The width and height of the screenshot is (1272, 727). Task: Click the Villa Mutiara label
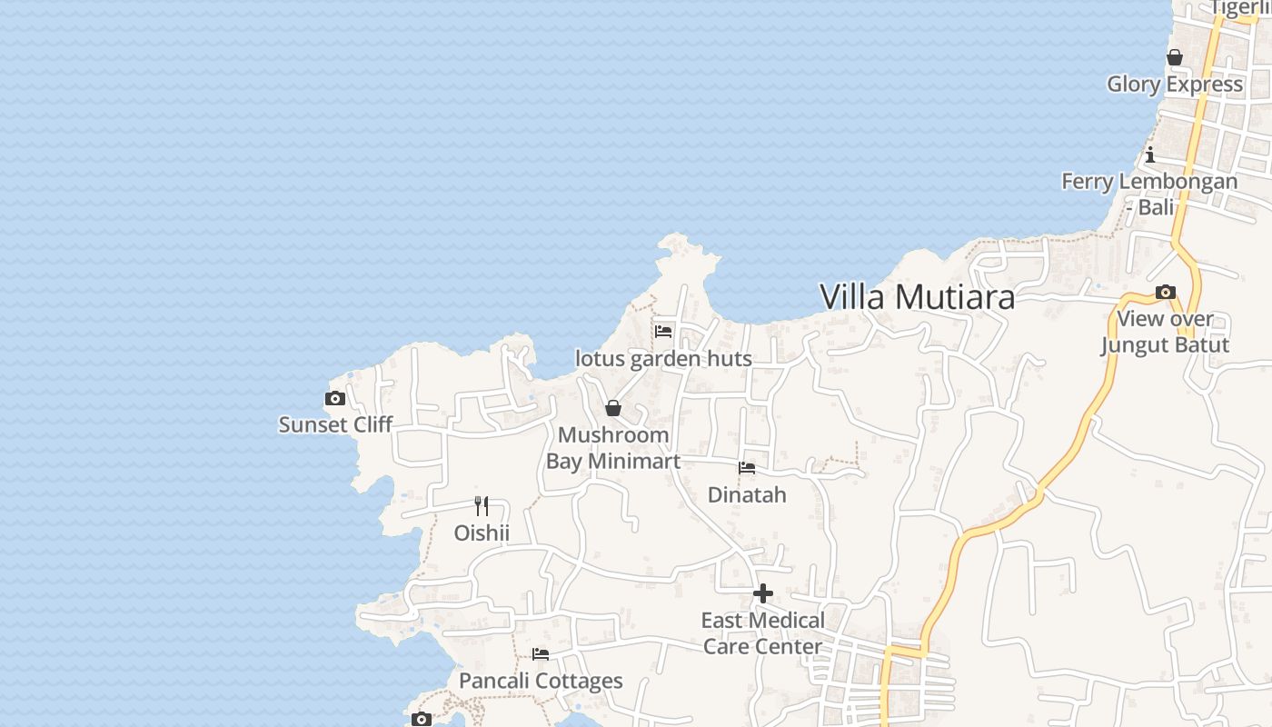click(917, 297)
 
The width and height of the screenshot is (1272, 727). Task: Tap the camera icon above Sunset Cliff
click(335, 398)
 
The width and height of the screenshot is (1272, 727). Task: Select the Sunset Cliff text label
click(335, 424)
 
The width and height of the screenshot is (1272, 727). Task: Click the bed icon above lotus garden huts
click(663, 332)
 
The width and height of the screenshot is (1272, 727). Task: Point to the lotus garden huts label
click(663, 359)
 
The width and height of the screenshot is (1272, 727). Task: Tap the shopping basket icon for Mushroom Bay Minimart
click(613, 408)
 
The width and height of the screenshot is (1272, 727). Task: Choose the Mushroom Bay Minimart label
click(613, 448)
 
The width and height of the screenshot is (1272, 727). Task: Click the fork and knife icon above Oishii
click(482, 506)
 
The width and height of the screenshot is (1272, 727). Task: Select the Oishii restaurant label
click(482, 533)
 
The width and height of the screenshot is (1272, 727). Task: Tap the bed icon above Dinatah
click(747, 468)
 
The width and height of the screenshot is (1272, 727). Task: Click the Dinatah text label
click(747, 495)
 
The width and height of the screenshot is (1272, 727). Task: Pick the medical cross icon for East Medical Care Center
click(763, 594)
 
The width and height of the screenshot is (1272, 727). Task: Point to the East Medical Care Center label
click(763, 633)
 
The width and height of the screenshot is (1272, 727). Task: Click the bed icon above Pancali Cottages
click(541, 654)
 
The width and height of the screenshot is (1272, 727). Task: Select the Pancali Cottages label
click(541, 681)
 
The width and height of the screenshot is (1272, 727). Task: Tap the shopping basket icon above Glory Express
click(1175, 57)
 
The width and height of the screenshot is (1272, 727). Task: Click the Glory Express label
click(1175, 85)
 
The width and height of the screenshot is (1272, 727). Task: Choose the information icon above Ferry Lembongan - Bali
click(1150, 154)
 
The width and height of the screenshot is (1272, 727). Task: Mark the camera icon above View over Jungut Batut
click(1166, 293)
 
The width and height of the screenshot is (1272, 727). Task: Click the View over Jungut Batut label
click(1166, 332)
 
